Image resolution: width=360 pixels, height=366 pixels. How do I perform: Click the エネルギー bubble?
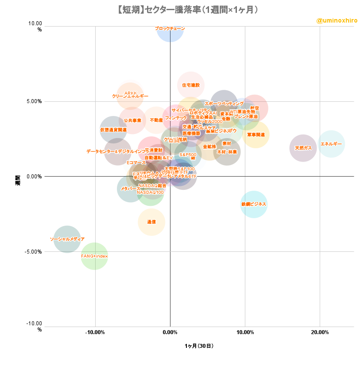pyautogui.click(x=331, y=144)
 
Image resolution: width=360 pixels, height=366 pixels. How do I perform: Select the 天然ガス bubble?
pyautogui.click(x=303, y=148)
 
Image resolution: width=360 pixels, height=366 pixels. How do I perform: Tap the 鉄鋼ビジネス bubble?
pyautogui.click(x=254, y=204)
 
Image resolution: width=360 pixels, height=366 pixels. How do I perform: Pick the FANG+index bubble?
pyautogui.click(x=94, y=256)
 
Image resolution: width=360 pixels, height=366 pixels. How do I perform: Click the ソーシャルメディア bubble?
pyautogui.click(x=67, y=239)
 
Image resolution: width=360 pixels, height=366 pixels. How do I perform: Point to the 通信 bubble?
pyautogui.click(x=151, y=222)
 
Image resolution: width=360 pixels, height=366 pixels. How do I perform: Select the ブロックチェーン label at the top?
pyautogui.click(x=170, y=28)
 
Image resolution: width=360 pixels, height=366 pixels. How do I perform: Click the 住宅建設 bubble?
pyautogui.click(x=191, y=85)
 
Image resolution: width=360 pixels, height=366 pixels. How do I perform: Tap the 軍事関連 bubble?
pyautogui.click(x=256, y=135)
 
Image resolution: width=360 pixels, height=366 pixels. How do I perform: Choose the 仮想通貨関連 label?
pyautogui.click(x=113, y=130)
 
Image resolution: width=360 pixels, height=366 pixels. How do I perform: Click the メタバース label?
pyautogui.click(x=131, y=189)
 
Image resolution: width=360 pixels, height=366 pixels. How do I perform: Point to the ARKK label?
pyautogui.click(x=131, y=93)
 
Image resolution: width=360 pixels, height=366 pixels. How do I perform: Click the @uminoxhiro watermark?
pyautogui.click(x=337, y=20)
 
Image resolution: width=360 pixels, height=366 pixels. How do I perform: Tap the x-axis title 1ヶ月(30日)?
pyautogui.click(x=199, y=346)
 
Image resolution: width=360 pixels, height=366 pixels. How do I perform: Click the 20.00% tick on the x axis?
pyautogui.click(x=320, y=332)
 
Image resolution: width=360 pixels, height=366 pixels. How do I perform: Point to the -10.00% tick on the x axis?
pyautogui.click(x=95, y=332)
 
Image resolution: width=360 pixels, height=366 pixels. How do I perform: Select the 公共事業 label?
pyautogui.click(x=132, y=120)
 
